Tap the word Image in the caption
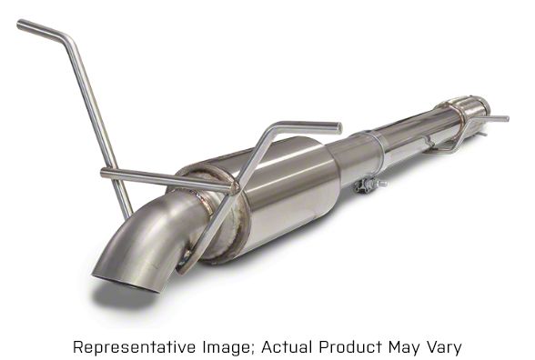[x=225, y=347]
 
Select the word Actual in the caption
[x=287, y=347]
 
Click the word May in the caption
[x=404, y=348]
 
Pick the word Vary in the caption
[x=444, y=348]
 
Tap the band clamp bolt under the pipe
[x=370, y=185]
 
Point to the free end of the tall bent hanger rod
[x=19, y=25]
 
